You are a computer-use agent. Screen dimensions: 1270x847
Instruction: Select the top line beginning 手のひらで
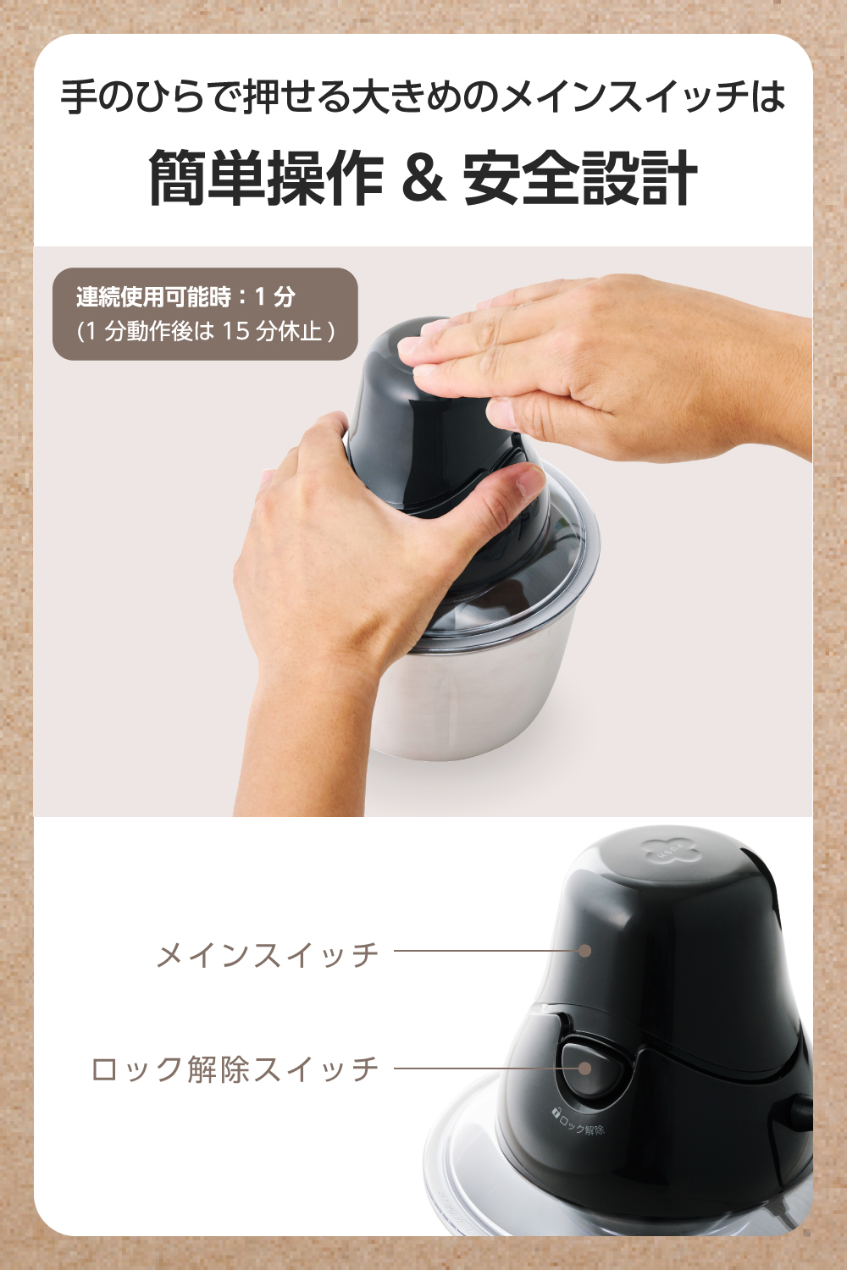coord(423,97)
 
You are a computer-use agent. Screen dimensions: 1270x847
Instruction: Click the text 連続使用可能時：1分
coord(185,296)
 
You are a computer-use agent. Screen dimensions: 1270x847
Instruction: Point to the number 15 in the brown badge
coord(236,330)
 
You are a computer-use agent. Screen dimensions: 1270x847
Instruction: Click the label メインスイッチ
coord(267,954)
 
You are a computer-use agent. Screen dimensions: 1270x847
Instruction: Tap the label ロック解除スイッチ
coord(235,1068)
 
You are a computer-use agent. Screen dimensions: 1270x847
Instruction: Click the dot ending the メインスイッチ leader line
coord(584,951)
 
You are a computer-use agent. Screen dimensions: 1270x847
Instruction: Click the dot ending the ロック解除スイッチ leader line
coord(584,1068)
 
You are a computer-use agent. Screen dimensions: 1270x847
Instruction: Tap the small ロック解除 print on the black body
coord(579,1123)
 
